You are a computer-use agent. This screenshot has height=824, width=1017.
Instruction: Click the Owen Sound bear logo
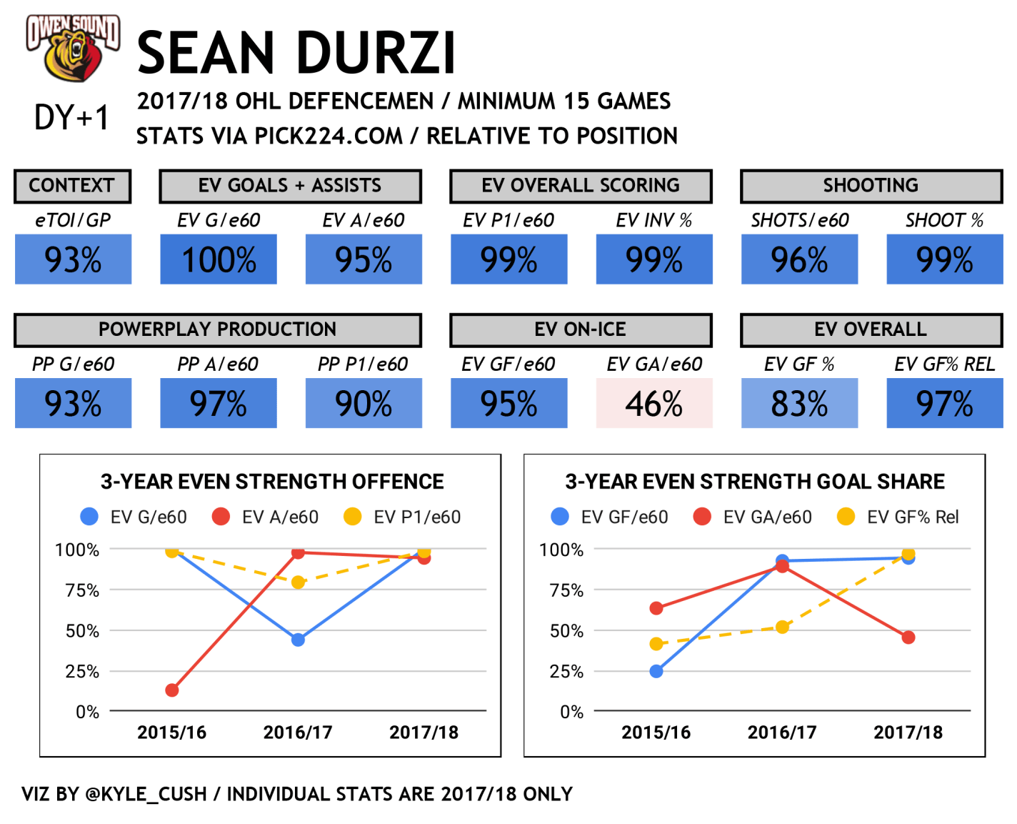[x=73, y=48]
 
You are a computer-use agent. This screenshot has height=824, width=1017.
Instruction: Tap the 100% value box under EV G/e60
[x=219, y=260]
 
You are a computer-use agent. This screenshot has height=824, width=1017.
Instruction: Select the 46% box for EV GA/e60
[x=654, y=404]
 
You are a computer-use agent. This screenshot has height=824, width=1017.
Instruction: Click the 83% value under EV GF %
[x=799, y=404]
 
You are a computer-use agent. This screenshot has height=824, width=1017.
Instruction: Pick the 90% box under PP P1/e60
[x=364, y=404]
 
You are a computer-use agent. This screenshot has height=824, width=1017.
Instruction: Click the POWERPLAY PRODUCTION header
[x=218, y=329]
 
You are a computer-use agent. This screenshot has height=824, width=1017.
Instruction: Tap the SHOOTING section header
[x=871, y=186]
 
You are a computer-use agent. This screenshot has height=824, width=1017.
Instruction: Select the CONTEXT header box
[x=72, y=186]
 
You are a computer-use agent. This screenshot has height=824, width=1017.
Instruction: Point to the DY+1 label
[x=72, y=117]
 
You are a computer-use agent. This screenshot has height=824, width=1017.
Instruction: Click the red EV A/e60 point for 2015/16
[x=172, y=690]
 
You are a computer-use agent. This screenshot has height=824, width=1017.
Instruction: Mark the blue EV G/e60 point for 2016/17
[x=299, y=640]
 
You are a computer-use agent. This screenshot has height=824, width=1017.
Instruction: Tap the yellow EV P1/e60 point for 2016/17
[x=299, y=582]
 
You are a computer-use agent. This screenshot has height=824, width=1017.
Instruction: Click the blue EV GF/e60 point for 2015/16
[x=656, y=671]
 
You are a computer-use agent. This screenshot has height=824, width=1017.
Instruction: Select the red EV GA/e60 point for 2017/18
[x=908, y=637]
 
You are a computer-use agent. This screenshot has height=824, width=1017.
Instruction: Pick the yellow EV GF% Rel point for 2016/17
[x=783, y=627]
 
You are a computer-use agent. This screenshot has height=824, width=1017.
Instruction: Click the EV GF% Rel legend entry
[x=898, y=517]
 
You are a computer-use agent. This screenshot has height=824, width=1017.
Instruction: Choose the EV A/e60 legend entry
[x=266, y=517]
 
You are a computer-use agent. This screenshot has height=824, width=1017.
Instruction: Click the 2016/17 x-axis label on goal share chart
[x=782, y=733]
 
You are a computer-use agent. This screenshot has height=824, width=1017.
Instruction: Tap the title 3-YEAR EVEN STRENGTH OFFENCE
[x=272, y=482]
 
